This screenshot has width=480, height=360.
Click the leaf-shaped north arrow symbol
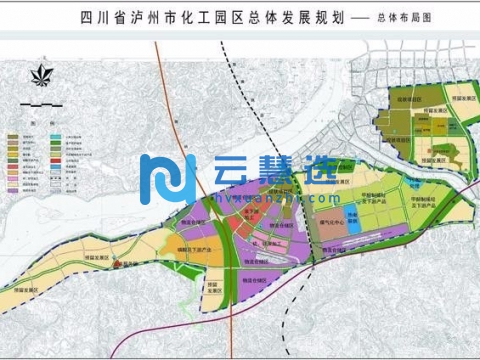point(40,76)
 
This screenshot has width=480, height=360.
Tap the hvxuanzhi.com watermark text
point(252,198)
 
